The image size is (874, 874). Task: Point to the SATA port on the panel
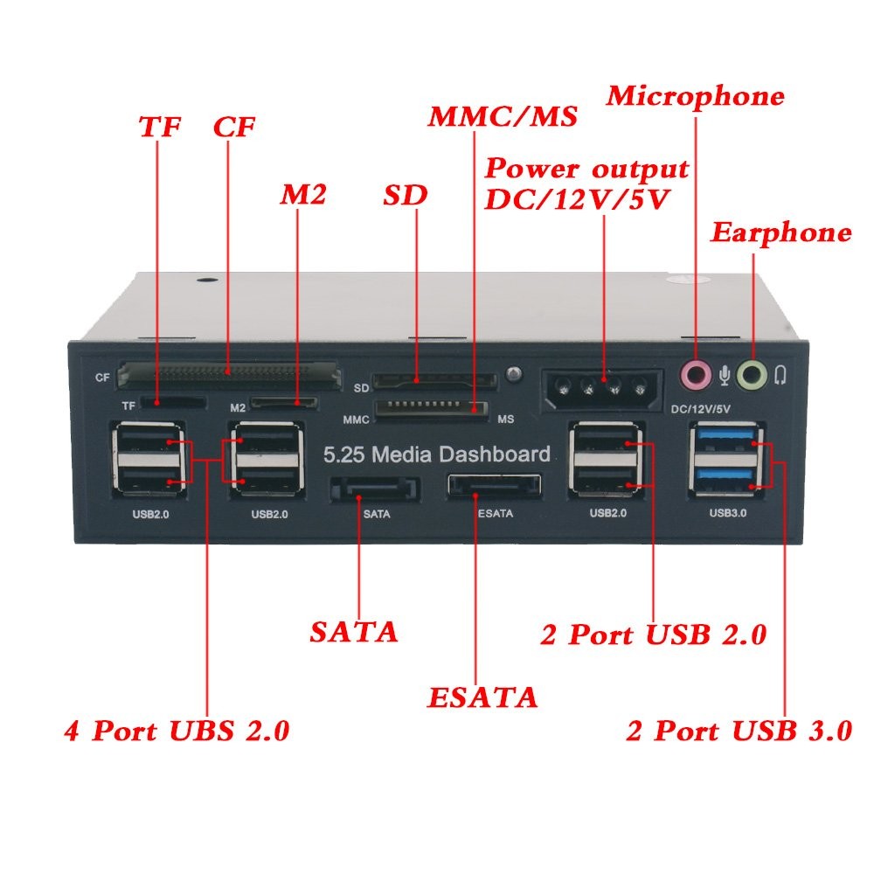point(374,488)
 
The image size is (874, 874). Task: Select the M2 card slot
point(285,404)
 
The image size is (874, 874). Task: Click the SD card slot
point(434,382)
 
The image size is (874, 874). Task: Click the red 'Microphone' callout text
point(696,96)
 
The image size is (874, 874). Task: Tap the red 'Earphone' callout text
point(780,232)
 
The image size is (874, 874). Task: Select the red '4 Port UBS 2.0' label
point(177,730)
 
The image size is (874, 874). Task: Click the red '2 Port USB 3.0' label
point(739,731)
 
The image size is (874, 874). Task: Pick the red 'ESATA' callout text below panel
point(482,697)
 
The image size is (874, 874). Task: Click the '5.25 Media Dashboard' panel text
point(437,454)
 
